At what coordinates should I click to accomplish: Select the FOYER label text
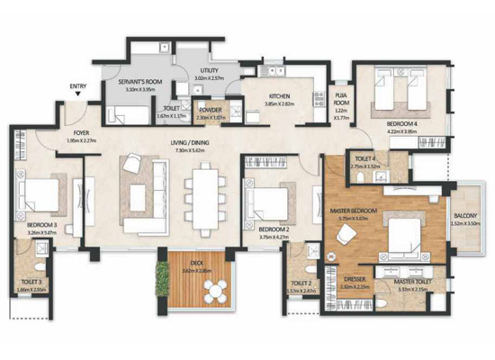click(81, 132)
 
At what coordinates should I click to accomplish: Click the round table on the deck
click(216, 289)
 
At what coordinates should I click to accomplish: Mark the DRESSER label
click(353, 280)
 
